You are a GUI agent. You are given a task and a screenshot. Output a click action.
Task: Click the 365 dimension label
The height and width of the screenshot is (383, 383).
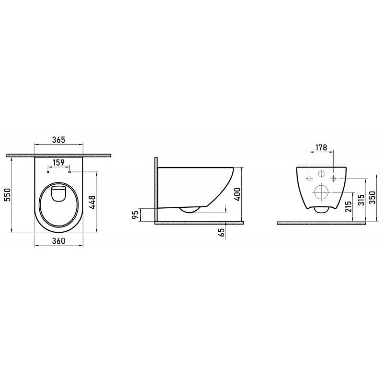click(58, 140)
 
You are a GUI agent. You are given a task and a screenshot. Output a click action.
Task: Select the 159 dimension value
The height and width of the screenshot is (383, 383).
click(58, 162)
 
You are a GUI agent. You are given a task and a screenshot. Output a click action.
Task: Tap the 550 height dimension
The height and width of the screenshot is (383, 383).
click(8, 194)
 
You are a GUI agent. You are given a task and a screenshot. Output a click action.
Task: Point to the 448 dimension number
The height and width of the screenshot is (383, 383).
click(92, 202)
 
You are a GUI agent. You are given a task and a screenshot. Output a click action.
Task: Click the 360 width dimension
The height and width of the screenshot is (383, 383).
click(58, 241)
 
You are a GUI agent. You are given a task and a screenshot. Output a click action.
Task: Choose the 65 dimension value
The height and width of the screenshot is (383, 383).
click(222, 232)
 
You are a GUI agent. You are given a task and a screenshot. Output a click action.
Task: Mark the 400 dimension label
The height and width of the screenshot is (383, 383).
click(237, 194)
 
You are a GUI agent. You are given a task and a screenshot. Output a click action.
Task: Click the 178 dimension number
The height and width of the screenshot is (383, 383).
click(321, 147)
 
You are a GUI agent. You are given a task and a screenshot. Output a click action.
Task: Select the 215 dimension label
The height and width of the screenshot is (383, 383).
click(349, 206)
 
